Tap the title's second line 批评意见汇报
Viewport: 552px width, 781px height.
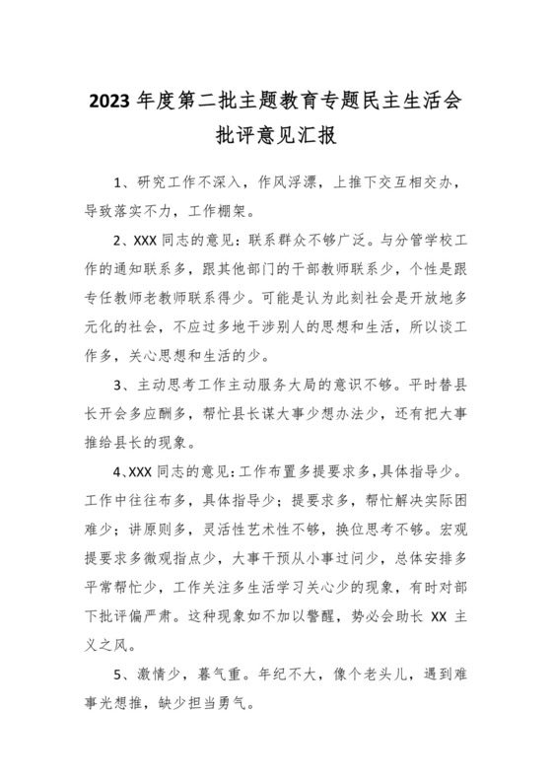(x=275, y=136)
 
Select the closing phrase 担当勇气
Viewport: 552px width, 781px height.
(x=222, y=705)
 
